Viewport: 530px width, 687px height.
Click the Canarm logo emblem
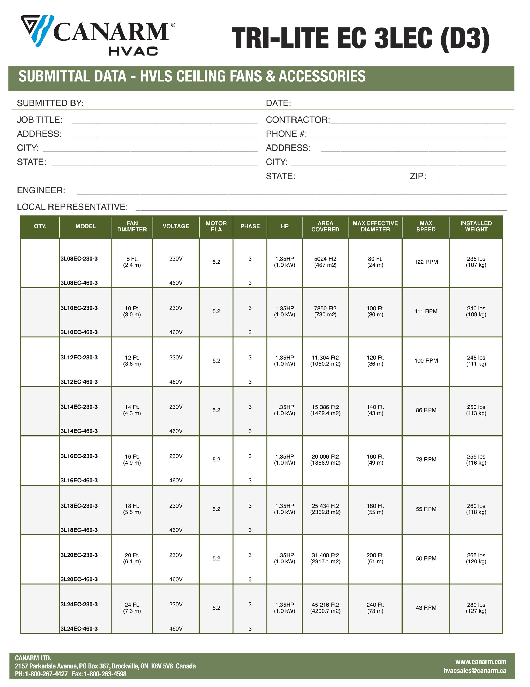(x=37, y=30)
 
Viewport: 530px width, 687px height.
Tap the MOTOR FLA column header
(x=216, y=226)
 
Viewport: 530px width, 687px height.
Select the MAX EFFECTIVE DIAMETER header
(x=375, y=226)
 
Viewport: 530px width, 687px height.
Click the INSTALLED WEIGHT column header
(x=476, y=226)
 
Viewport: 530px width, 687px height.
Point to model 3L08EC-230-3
(x=79, y=259)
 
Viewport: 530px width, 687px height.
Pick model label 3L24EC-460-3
(x=79, y=628)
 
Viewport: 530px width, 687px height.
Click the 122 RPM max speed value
(x=426, y=262)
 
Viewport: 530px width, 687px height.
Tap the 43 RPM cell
(x=426, y=608)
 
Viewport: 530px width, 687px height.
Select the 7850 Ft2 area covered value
(x=325, y=308)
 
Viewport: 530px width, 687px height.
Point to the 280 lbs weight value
(x=476, y=605)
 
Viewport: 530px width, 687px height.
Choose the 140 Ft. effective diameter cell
(x=375, y=407)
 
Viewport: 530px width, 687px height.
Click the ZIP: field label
(x=418, y=176)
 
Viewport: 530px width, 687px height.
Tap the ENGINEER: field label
(x=41, y=190)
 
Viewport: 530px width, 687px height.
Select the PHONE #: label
(x=286, y=134)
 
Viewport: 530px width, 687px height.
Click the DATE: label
(x=278, y=103)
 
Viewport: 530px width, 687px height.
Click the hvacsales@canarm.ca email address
(x=475, y=671)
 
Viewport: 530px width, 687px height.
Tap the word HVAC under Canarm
(x=133, y=51)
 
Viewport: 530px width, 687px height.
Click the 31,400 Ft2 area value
(x=325, y=555)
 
